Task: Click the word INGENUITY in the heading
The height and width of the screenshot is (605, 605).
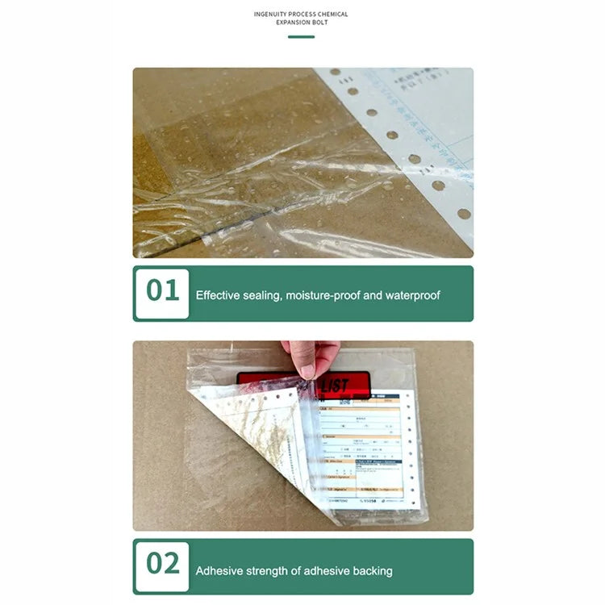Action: [272, 14]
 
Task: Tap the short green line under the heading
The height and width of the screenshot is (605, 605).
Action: [301, 37]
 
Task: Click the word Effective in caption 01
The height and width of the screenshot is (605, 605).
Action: [219, 295]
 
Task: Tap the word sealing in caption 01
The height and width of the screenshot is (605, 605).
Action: [265, 295]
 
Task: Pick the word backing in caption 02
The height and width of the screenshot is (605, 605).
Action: [371, 570]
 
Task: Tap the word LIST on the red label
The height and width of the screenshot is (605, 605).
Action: [334, 386]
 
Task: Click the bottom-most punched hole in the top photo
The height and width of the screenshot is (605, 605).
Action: [464, 214]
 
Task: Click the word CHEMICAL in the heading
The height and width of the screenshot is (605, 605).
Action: [332, 14]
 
